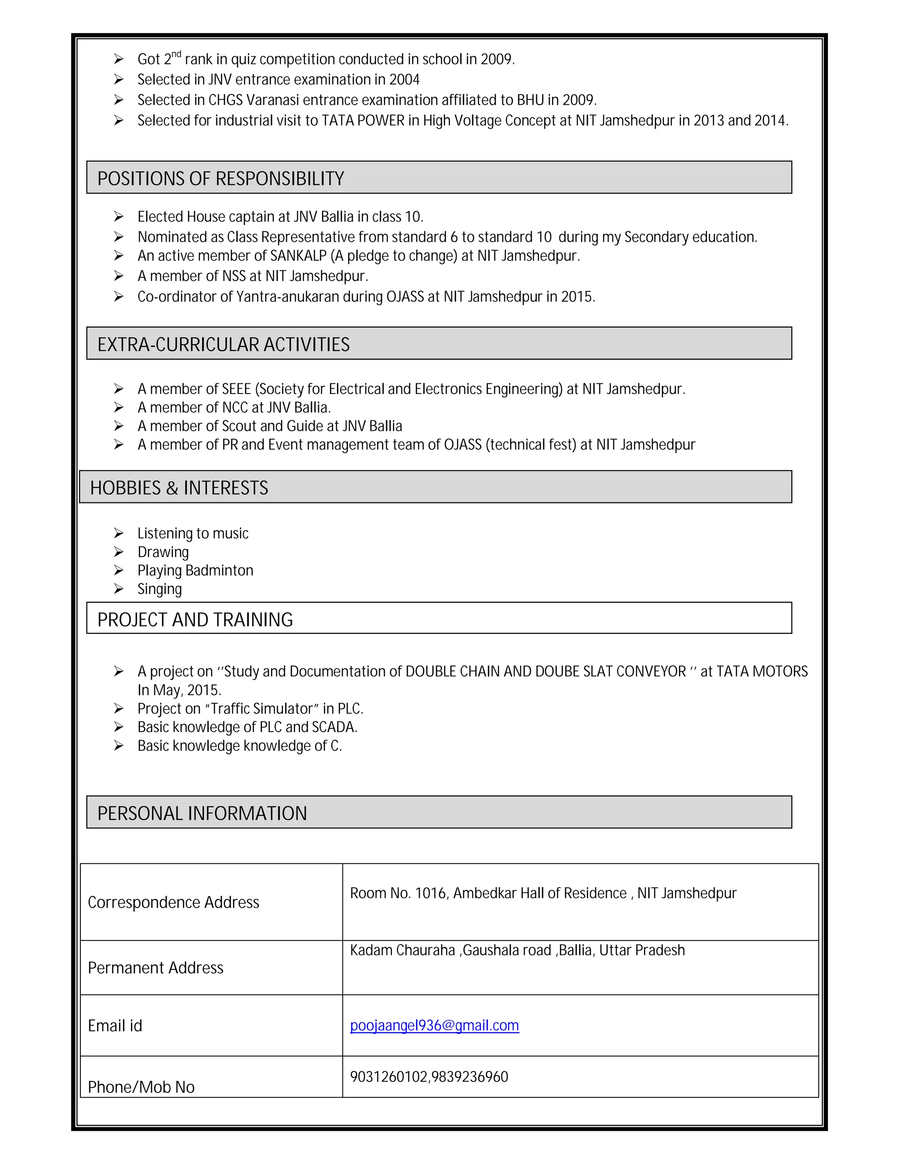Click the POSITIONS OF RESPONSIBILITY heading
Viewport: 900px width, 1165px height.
coord(220,178)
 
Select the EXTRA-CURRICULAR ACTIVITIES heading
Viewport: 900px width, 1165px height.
coord(223,344)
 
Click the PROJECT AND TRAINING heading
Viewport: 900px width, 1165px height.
coord(195,619)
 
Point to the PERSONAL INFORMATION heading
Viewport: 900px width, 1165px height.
coord(202,813)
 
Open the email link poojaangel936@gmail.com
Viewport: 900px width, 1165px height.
coord(434,1025)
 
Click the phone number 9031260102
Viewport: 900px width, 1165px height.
coord(388,1077)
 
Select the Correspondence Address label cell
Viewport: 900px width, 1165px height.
coord(173,902)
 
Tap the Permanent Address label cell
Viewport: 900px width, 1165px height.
coord(155,968)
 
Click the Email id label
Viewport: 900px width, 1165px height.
coord(115,1025)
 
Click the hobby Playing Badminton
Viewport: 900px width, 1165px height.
coord(195,570)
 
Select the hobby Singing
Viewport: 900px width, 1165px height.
coord(160,589)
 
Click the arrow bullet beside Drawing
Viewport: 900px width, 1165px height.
coord(118,552)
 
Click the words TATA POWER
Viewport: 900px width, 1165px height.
coord(363,120)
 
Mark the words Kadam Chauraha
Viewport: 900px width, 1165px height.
coord(402,950)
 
